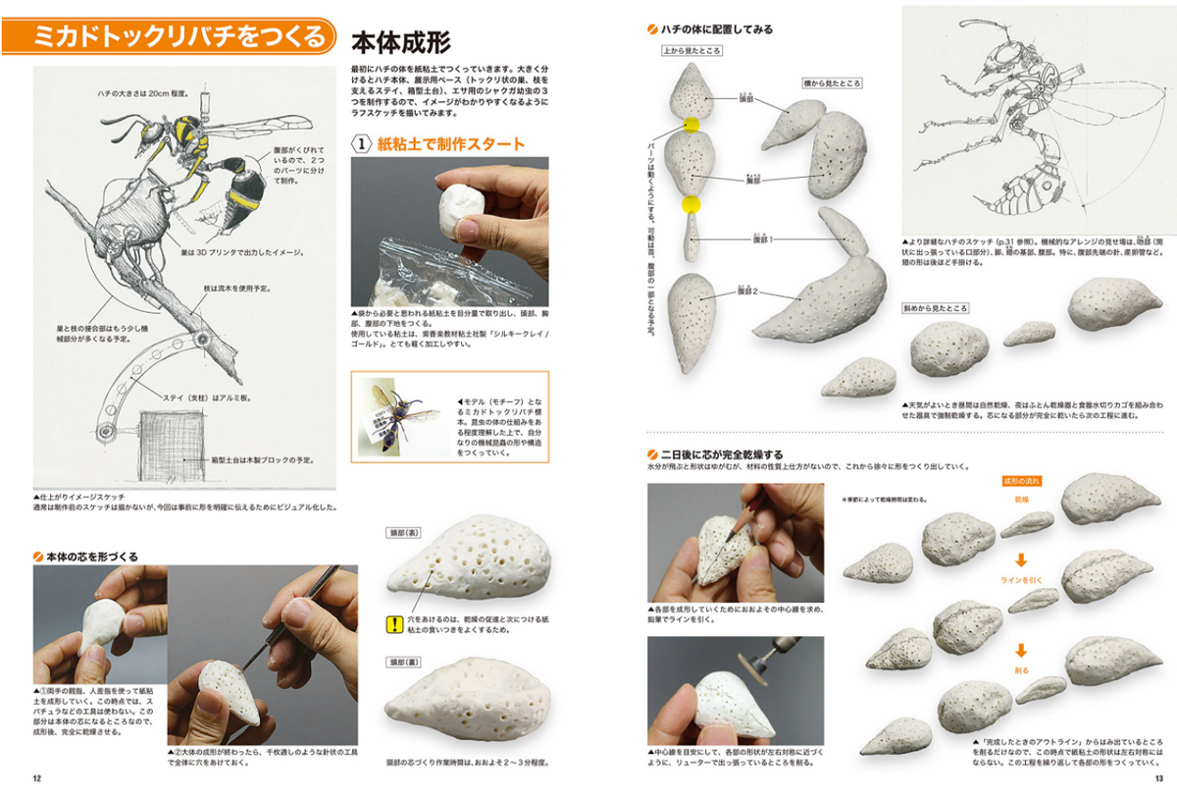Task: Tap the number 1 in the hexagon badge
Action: [362, 144]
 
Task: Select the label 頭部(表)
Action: [403, 532]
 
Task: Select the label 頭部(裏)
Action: [403, 663]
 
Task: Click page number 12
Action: [36, 780]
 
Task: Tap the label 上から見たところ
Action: [692, 49]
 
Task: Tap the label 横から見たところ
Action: [833, 83]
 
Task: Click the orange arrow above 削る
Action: [1021, 649]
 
